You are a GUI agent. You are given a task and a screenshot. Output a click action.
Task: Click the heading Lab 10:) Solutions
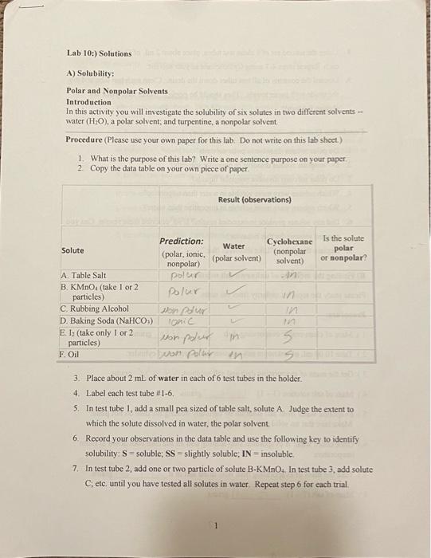99,53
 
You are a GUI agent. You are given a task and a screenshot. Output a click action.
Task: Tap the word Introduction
88,102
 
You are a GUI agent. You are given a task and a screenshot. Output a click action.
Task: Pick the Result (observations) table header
254,199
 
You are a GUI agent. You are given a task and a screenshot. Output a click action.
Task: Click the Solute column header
73,250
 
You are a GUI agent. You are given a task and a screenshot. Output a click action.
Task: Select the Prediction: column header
182,241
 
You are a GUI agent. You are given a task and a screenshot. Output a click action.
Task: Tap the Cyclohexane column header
289,240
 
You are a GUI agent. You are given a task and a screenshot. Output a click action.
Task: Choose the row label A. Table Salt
84,275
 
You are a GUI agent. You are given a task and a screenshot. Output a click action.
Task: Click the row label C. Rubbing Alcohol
95,308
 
